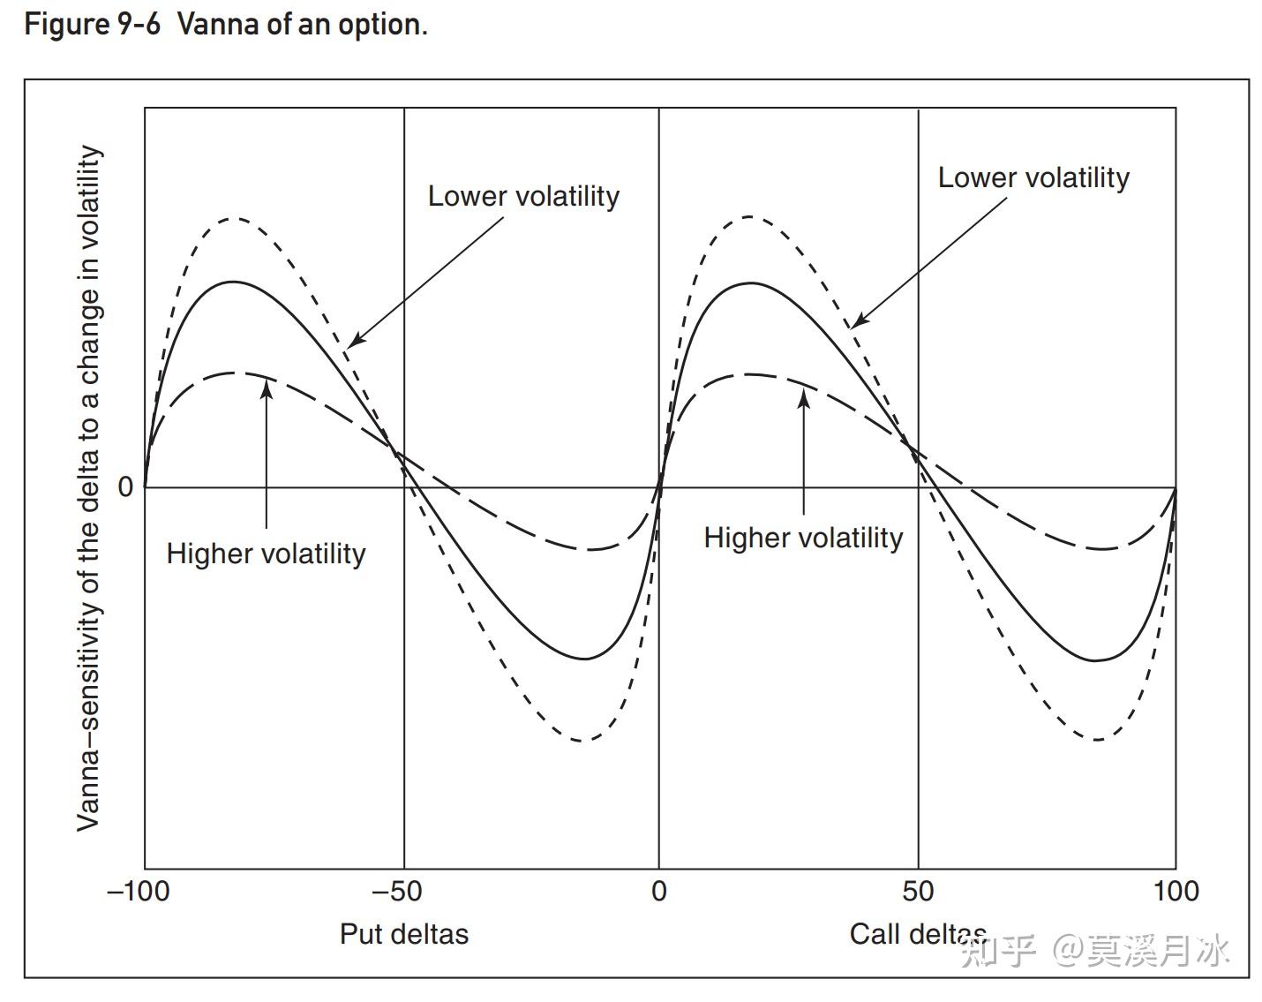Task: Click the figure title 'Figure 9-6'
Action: pos(92,24)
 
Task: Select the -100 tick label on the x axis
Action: pos(138,891)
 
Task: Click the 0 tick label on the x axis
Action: pos(659,891)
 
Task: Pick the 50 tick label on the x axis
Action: pos(918,891)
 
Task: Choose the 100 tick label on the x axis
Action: pos(1176,891)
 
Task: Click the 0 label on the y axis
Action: pos(125,486)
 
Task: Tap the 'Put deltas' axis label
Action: pos(404,934)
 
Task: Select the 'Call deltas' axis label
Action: pos(918,934)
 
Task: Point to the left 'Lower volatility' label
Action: pos(523,196)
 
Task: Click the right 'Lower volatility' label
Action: pos(1033,177)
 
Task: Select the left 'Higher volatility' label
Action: pos(266,554)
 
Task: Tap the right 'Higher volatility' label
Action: pos(803,538)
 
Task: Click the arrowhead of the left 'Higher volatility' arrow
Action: pos(266,385)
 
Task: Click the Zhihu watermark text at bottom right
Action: pos(1094,952)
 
